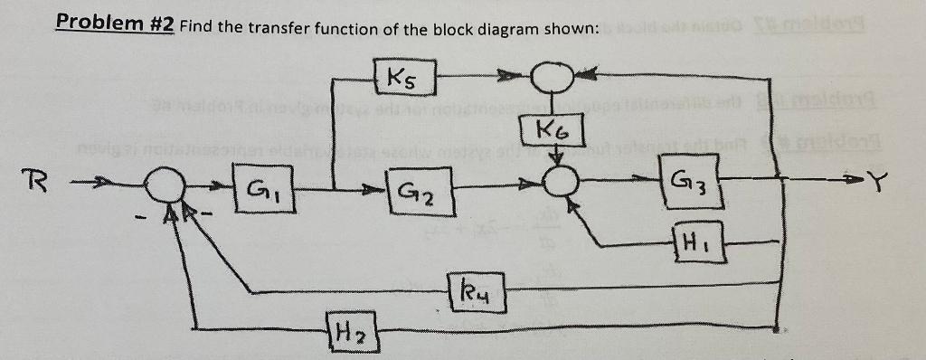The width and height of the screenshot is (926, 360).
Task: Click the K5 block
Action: [403, 76]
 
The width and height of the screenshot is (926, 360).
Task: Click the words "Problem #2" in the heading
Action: [116, 24]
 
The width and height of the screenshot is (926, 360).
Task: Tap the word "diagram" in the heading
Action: [503, 28]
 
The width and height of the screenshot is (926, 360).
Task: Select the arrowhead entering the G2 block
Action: [373, 191]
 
